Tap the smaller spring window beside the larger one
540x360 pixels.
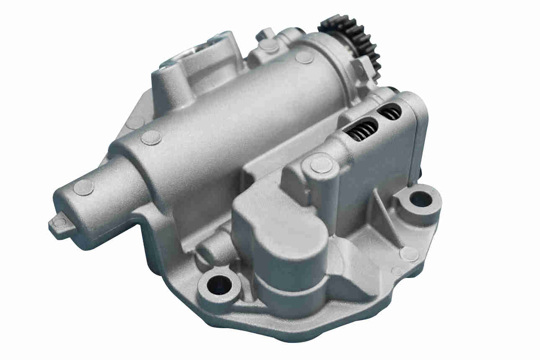coord(389,112)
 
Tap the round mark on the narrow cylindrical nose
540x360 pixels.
coord(84,187)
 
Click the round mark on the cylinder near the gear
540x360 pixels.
coord(304,57)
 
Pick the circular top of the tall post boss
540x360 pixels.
coord(321,164)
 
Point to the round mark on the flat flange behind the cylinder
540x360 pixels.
coord(135,122)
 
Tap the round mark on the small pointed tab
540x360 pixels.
coord(59,222)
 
